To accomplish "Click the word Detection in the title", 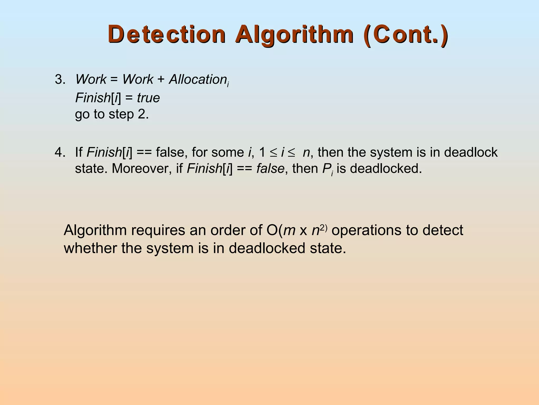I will [167, 34].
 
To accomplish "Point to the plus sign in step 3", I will [161, 80].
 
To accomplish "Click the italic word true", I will [148, 98].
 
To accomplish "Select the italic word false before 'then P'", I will [270, 168].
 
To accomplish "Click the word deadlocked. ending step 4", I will [386, 168].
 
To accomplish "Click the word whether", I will [90, 248].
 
